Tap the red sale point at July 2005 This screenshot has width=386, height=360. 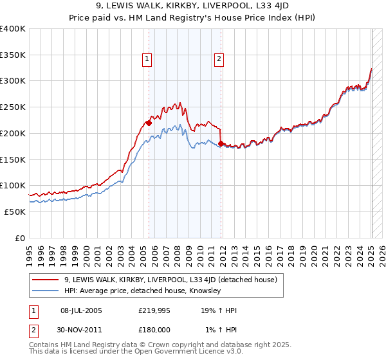click(x=149, y=122)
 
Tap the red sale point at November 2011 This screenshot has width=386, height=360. click(x=221, y=143)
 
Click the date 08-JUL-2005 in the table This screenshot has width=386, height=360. click(x=81, y=311)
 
